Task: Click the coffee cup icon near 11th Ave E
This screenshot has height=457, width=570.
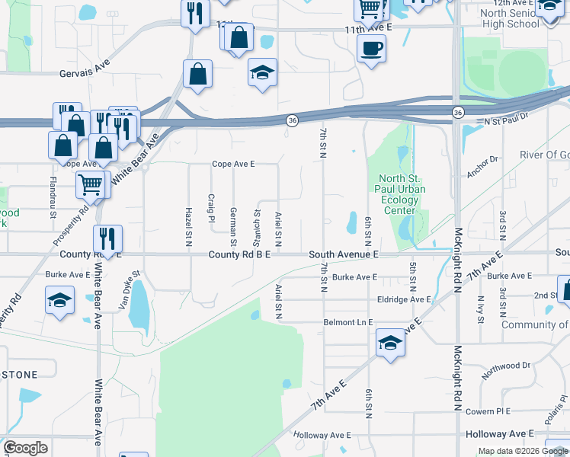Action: click(x=371, y=50)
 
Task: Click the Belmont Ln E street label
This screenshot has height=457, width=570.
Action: click(x=348, y=322)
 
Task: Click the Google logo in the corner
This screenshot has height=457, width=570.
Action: click(x=25, y=448)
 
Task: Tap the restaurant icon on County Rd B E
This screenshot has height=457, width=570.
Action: click(x=107, y=238)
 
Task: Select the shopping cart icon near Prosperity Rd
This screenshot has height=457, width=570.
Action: click(x=91, y=184)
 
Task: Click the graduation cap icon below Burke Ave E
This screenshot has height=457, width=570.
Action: click(x=59, y=299)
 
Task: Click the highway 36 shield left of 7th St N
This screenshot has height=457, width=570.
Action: click(x=292, y=121)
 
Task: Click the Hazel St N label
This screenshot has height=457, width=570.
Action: click(x=188, y=226)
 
